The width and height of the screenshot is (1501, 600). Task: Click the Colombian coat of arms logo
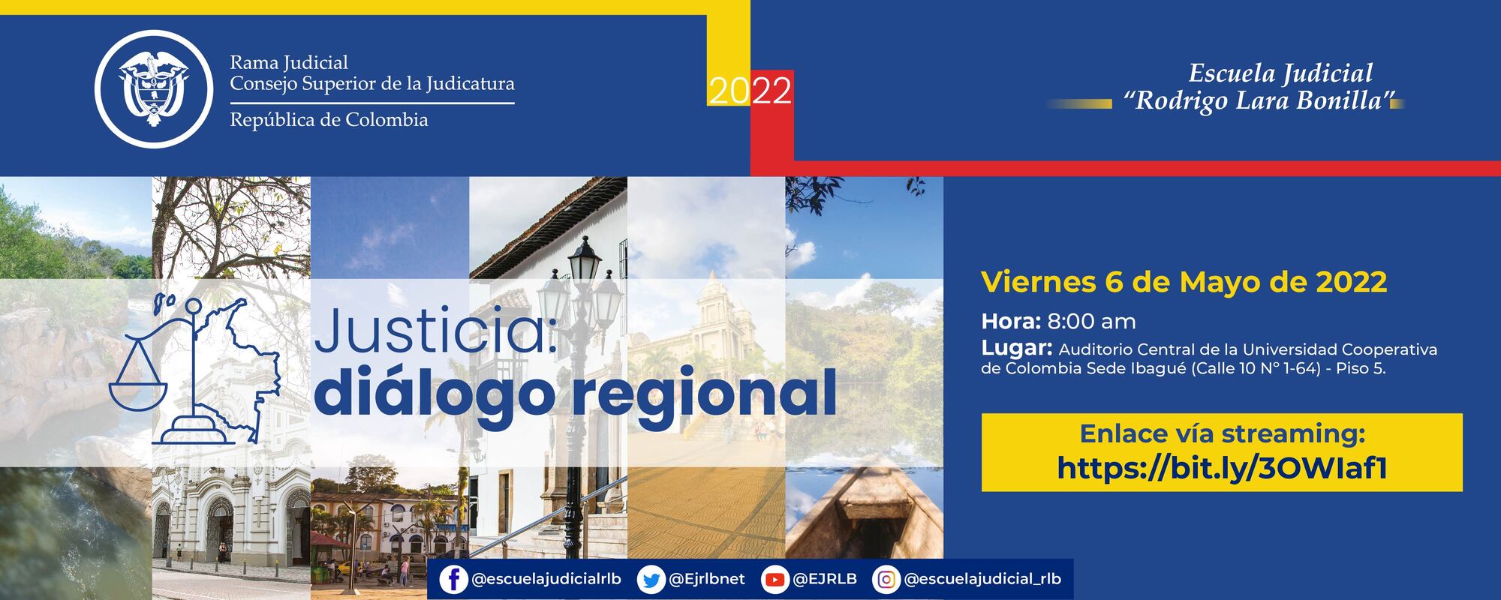[155, 89]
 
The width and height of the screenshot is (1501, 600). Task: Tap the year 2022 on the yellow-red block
[750, 91]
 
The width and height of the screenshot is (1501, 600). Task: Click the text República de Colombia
[329, 120]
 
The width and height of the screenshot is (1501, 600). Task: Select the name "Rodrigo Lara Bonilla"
[1258, 100]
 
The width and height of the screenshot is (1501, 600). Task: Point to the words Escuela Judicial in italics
[1280, 73]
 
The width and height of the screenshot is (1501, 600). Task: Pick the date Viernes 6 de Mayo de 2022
[1184, 282]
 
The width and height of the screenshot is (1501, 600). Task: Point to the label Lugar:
[1015, 348]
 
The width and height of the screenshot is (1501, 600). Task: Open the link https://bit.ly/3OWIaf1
[1221, 468]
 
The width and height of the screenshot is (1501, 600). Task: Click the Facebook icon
[453, 580]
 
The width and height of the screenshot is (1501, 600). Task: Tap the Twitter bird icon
[651, 580]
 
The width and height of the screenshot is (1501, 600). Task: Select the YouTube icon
[774, 580]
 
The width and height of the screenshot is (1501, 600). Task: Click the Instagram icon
[886, 580]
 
